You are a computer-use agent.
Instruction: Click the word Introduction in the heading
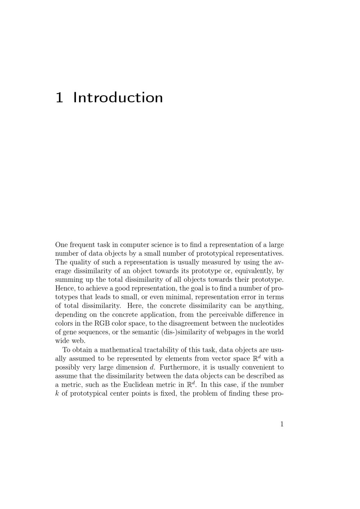(118, 98)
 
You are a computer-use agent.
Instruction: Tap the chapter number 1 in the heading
(59, 98)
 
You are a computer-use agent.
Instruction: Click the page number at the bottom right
(282, 424)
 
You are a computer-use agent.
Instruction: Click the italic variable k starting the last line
(57, 393)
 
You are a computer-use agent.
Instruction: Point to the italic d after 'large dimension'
(152, 367)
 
